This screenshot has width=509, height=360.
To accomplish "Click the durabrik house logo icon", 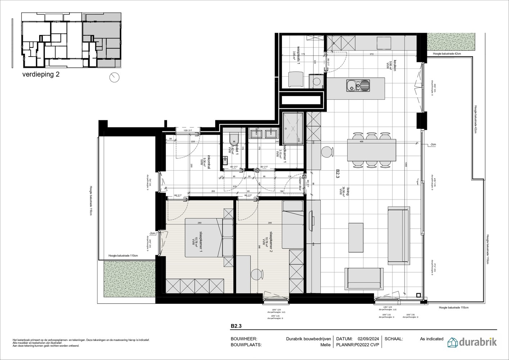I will (x=453, y=342).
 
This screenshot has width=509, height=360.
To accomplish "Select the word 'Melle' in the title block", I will (x=325, y=345).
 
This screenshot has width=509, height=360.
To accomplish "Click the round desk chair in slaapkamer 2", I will (x=256, y=274).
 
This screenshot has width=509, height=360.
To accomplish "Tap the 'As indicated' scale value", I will (x=432, y=339).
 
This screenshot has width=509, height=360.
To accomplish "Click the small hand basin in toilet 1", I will (x=226, y=160).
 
